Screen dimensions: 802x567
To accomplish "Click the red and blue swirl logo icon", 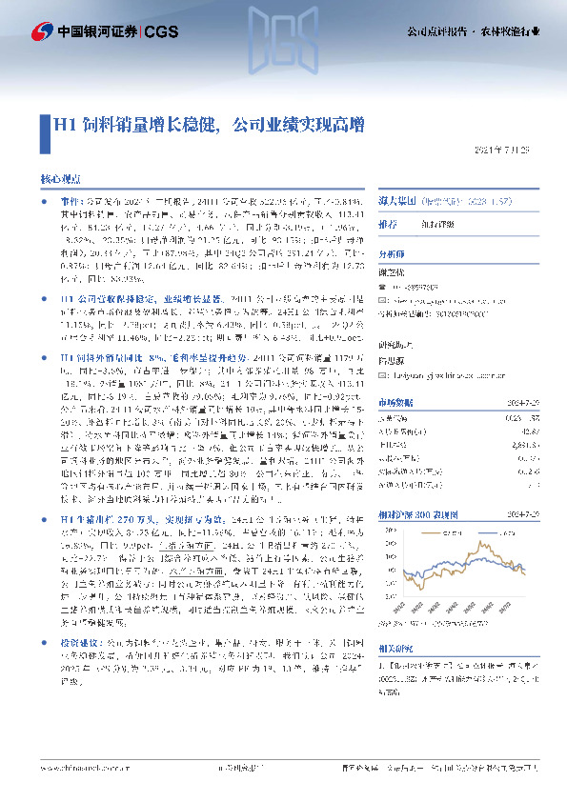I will pyautogui.click(x=40, y=30).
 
